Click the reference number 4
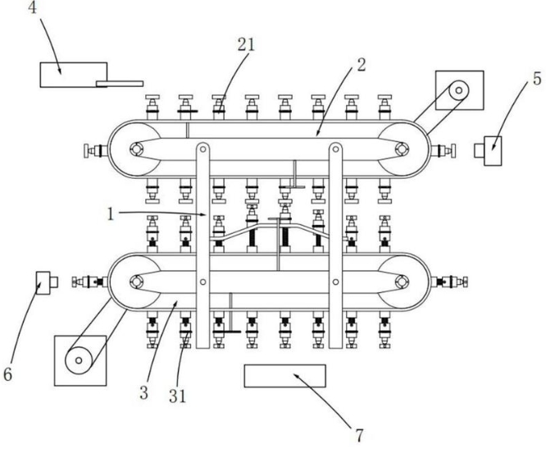32,7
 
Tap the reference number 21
246,45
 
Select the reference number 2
362,65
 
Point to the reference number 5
537,79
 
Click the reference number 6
7,374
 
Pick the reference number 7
359,435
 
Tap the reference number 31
178,396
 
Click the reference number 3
143,393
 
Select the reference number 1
111,214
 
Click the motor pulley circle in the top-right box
458,90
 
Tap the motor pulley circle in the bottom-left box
79,360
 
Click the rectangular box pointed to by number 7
284,376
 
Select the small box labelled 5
488,151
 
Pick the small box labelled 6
47,282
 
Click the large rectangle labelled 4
74,75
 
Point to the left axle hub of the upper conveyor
136,149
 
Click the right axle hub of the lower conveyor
402,282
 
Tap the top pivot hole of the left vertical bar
202,149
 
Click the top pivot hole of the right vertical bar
335,149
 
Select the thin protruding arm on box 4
120,84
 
